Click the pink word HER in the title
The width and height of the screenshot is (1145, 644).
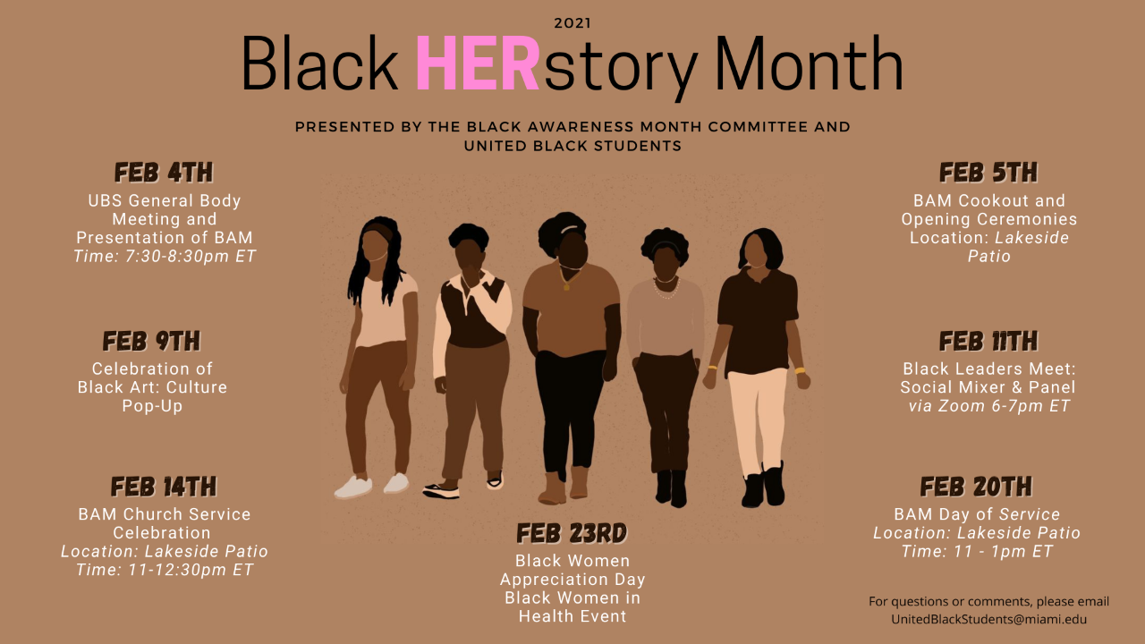(x=478, y=63)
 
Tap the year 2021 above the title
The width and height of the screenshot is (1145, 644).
(x=572, y=23)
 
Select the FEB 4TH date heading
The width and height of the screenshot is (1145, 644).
(x=164, y=173)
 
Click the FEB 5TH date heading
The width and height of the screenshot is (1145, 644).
(x=988, y=173)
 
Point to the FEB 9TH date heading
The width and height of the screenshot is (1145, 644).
(x=152, y=341)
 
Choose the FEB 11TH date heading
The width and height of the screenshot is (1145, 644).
(x=988, y=341)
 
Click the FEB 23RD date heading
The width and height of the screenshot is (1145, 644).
(x=572, y=533)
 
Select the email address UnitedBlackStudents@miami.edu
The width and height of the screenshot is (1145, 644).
(x=989, y=619)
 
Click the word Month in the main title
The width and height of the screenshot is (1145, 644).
(x=809, y=63)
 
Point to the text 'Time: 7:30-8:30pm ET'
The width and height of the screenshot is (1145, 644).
(x=165, y=256)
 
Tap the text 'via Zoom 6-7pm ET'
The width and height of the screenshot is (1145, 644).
(x=989, y=406)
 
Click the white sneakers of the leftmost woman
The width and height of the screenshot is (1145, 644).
(x=371, y=485)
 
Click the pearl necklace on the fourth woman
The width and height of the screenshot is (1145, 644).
(x=666, y=288)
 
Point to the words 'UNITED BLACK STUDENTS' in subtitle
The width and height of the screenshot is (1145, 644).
(x=572, y=146)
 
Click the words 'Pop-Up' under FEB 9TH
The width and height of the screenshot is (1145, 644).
(x=152, y=406)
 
